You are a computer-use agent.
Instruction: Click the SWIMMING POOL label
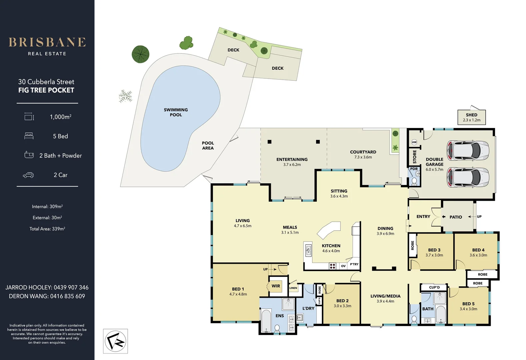tap(176, 112)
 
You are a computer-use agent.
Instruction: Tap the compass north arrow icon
tap(115, 341)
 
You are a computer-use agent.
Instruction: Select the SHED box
tap(472, 117)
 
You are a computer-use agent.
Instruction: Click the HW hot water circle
tap(414, 142)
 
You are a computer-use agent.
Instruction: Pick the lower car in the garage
tap(468, 177)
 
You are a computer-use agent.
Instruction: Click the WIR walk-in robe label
tap(276, 286)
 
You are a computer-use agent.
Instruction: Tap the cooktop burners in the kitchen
tap(332, 266)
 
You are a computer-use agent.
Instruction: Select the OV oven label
tap(343, 266)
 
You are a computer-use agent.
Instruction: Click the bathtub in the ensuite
tap(266, 321)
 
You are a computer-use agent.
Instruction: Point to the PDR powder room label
tap(414, 169)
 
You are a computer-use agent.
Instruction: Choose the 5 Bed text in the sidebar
tap(60, 136)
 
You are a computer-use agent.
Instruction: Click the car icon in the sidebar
tap(28, 175)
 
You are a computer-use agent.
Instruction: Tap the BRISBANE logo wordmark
tap(47, 42)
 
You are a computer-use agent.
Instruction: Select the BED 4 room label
tap(478, 250)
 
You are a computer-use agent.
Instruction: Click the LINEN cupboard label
tap(293, 288)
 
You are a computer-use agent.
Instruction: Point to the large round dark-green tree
tap(140, 54)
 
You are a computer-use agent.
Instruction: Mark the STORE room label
tap(415, 157)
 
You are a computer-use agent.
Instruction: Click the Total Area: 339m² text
tap(47, 229)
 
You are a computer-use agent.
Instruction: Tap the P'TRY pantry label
tap(354, 264)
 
